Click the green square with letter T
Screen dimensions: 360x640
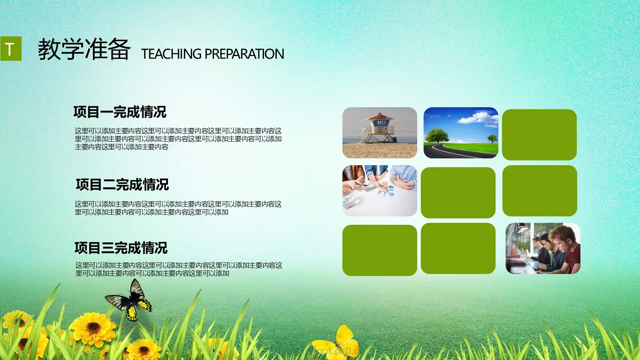pyautogui.click(x=10, y=49)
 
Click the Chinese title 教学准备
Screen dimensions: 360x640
pyautogui.click(x=84, y=50)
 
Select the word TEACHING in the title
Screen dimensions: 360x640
pyautogui.click(x=171, y=54)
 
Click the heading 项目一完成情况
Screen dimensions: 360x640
pyautogui.click(x=120, y=112)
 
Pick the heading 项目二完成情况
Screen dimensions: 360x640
pyautogui.click(x=122, y=185)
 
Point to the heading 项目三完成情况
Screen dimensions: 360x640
pyautogui.click(x=121, y=248)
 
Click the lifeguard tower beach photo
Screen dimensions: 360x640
pyautogui.click(x=380, y=132)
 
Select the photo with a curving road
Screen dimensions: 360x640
pyautogui.click(x=461, y=132)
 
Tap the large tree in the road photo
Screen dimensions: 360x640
pyautogui.click(x=437, y=135)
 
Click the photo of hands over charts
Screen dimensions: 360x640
pyautogui.click(x=380, y=191)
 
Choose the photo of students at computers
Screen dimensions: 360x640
pyautogui.click(x=543, y=248)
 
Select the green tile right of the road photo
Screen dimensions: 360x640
pyautogui.click(x=539, y=135)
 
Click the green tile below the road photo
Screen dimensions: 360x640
pyautogui.click(x=458, y=193)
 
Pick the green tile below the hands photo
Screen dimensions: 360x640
pyautogui.click(x=380, y=250)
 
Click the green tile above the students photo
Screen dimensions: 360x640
pyautogui.click(x=540, y=191)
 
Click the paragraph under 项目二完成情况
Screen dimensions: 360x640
pyautogui.click(x=178, y=208)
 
